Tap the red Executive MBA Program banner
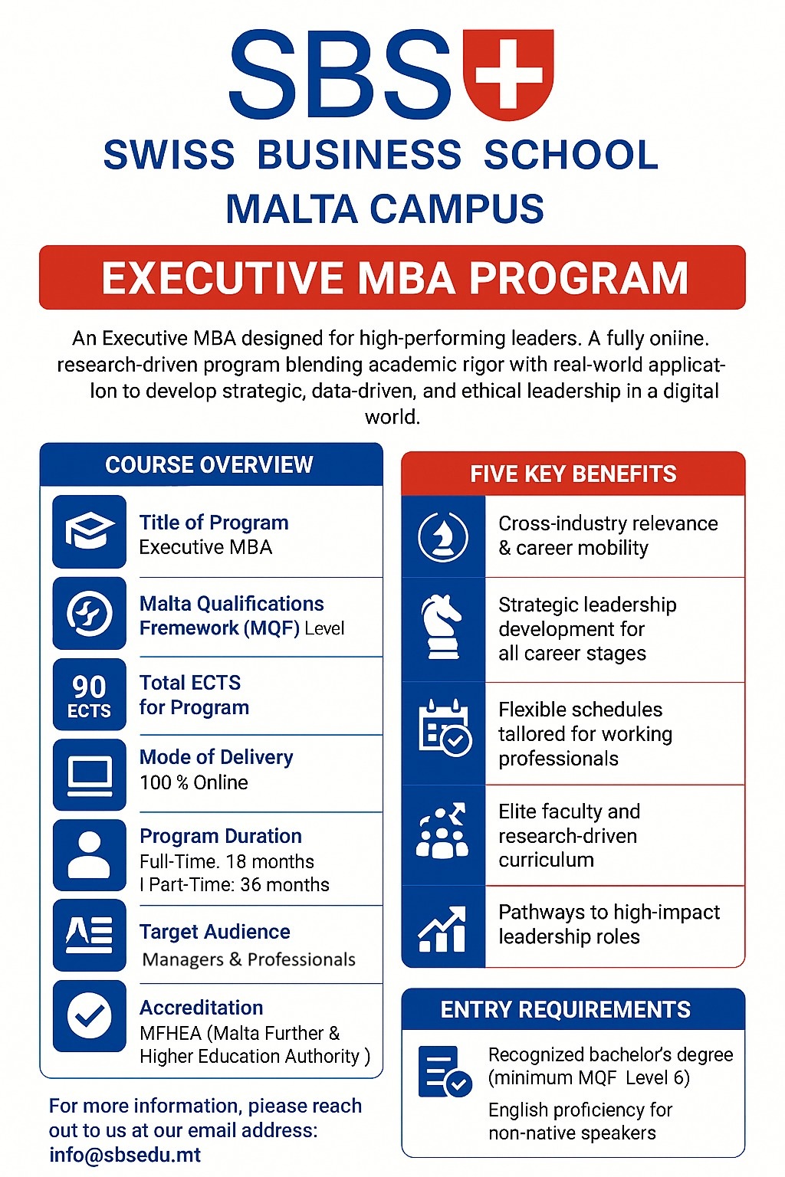[392, 277]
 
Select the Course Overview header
[209, 464]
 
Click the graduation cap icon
[89, 531]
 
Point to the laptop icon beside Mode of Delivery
[89, 775]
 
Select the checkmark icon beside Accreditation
[89, 1016]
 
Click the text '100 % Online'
[194, 782]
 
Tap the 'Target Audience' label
[215, 932]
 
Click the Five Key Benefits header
[573, 474]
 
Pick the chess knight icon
[442, 627]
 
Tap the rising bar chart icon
[442, 929]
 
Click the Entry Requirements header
[566, 1009]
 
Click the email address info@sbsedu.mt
[125, 1155]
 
